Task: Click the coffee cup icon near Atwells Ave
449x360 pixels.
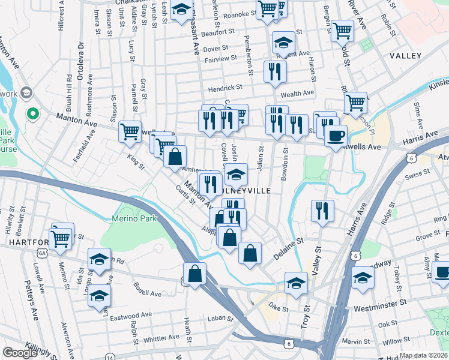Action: click(336, 135)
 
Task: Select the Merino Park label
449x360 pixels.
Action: click(137, 219)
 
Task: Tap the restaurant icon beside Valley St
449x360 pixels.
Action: click(322, 211)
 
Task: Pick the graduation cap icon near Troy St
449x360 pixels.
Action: click(296, 284)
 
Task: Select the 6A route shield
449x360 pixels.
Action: click(42, 254)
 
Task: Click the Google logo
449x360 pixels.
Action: click(19, 352)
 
